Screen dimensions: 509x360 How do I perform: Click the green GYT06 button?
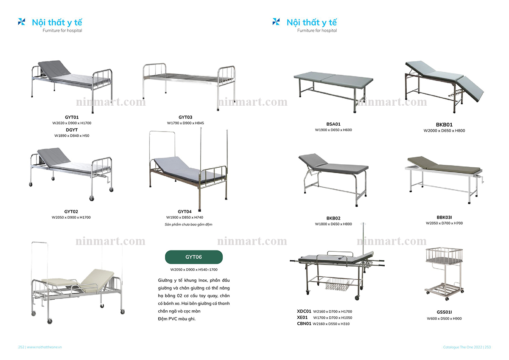tap(193, 257)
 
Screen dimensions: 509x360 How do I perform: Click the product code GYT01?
tap(72, 117)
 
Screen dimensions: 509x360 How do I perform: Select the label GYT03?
tap(185, 117)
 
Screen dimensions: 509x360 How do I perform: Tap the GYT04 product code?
tap(185, 211)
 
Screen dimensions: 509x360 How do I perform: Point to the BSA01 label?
tap(333, 124)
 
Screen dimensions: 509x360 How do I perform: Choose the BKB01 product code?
tap(444, 124)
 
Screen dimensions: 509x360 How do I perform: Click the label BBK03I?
tap(444, 217)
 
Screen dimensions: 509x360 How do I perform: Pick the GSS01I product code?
tap(444, 312)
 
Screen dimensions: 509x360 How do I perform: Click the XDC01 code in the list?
tap(304, 311)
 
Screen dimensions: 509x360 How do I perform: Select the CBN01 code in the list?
tap(304, 323)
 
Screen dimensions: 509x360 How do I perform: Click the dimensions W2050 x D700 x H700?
tap(444, 223)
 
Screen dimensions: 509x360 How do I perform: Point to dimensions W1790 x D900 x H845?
tap(185, 123)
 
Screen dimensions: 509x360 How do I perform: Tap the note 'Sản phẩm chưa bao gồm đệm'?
tap(188, 224)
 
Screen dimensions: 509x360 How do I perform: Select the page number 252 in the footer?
tap(21, 347)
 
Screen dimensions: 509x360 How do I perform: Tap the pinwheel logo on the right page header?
tap(276, 22)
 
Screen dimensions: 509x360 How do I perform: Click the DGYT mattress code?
tap(72, 129)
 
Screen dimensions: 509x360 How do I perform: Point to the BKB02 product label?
tap(333, 218)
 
